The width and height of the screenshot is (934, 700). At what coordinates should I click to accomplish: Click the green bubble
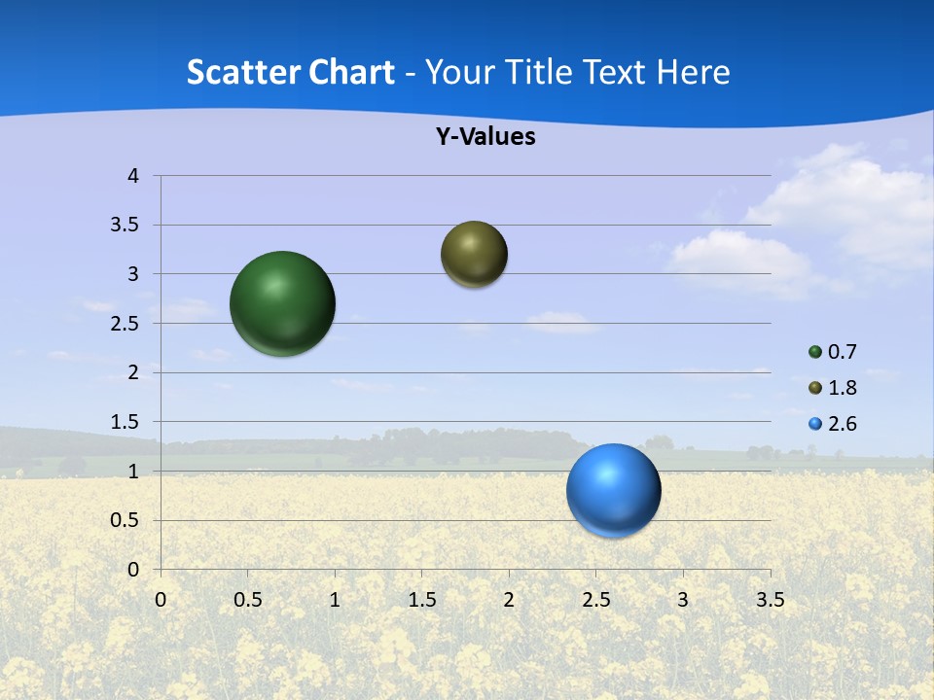(282, 303)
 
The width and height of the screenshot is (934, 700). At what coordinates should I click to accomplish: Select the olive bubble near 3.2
(474, 254)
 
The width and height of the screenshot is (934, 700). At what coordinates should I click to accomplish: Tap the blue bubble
(613, 490)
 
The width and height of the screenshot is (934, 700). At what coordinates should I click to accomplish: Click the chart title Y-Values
(485, 136)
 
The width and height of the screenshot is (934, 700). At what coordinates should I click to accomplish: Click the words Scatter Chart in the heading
(290, 71)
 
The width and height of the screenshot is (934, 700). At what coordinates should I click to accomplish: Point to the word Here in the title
(693, 71)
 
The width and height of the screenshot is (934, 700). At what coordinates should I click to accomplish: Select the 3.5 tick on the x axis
(770, 600)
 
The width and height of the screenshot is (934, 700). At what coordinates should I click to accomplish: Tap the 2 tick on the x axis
(508, 600)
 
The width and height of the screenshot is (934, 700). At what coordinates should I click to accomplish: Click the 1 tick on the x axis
(335, 600)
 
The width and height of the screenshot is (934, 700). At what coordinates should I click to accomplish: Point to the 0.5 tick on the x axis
(247, 600)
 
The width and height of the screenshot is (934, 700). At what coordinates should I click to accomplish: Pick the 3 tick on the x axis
(682, 600)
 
